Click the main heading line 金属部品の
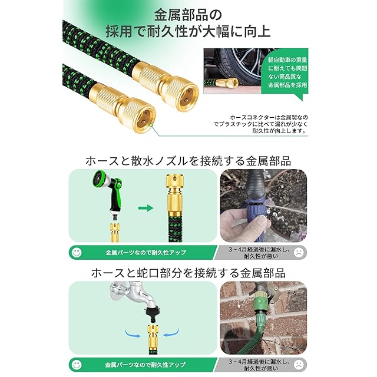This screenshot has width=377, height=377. tap(188, 15)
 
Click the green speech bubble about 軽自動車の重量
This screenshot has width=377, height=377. tap(287, 72)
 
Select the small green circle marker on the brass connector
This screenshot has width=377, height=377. tap(151, 125)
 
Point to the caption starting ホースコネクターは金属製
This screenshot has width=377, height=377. tap(261, 124)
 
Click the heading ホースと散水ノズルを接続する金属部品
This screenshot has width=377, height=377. tap(188, 161)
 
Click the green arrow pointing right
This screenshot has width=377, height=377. tap(145, 208)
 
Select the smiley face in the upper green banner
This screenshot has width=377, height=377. tap(77, 252)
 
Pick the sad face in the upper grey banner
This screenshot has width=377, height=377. tap(299, 252)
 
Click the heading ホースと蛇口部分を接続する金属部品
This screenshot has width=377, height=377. tap(188, 273)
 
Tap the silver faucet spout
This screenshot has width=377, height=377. tap(135, 295)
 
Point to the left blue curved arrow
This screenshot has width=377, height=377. tap(132, 333)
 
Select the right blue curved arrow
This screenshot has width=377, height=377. tap(171, 332)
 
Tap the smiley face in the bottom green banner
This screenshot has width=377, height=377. tap(77, 365)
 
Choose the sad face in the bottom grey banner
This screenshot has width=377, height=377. tap(299, 365)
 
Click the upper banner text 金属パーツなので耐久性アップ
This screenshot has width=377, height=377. tap(146, 253)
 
